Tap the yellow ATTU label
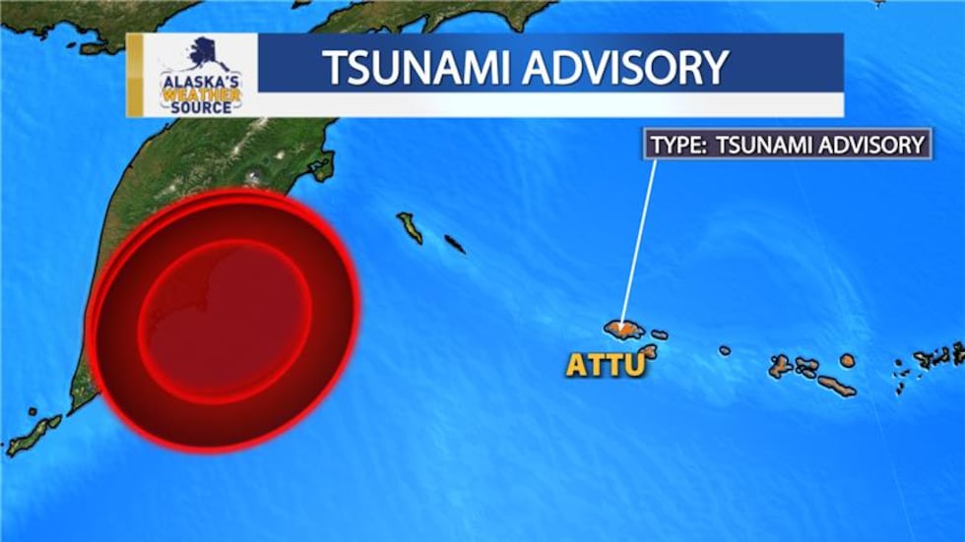coord(605,365)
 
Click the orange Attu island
coord(624,328)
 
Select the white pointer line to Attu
coord(639,236)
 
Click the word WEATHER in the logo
coord(202,92)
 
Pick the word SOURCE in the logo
coord(203,106)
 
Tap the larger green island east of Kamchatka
coord(411,227)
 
